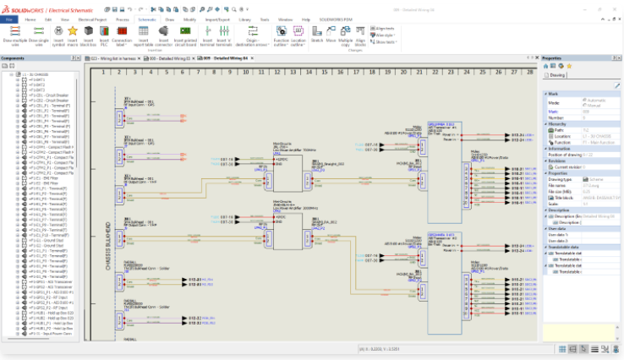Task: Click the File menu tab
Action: pyautogui.click(x=10, y=18)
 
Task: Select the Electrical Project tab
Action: pyautogui.click(x=92, y=18)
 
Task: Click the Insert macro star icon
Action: pyautogui.click(x=73, y=31)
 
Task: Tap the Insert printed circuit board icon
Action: pyautogui.click(x=184, y=32)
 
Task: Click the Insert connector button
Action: pyautogui.click(x=163, y=32)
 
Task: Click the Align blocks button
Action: pyautogui.click(x=362, y=32)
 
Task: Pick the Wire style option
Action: pyautogui.click(x=383, y=35)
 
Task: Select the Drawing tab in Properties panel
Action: pyautogui.click(x=559, y=74)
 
